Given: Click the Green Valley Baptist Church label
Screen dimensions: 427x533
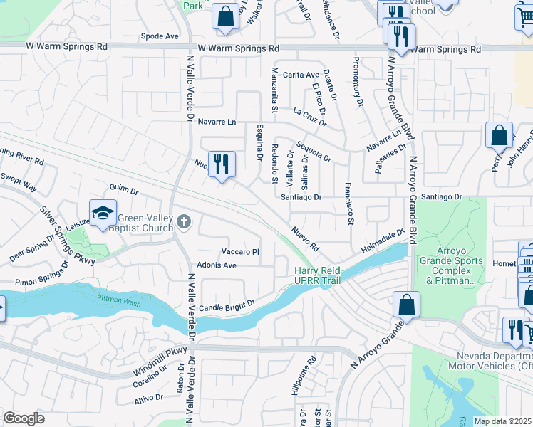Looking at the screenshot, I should (x=145, y=223).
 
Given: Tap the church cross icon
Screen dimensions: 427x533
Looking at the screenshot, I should (x=184, y=222).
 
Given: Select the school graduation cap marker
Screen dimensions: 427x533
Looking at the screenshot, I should (x=103, y=213).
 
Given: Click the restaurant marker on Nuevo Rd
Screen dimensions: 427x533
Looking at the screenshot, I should (x=222, y=164).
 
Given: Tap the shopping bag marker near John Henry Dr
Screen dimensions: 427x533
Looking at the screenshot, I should (x=499, y=135).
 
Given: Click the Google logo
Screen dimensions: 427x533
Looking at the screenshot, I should (x=24, y=418).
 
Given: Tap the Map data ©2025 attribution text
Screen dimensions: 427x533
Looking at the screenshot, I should (x=502, y=421).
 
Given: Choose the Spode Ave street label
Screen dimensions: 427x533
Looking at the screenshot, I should (x=160, y=36).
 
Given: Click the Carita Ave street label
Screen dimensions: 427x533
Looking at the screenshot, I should (x=301, y=75).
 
